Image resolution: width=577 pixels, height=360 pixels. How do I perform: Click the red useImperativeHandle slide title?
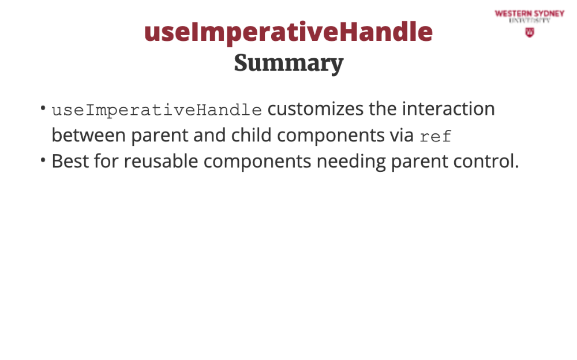tap(288, 32)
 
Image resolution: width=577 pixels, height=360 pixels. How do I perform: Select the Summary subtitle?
tap(288, 63)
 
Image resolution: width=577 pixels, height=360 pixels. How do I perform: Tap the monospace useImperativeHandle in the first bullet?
tap(157, 110)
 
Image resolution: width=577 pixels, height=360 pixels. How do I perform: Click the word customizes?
tap(316, 109)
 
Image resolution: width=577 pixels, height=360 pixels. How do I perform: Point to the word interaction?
tap(448, 109)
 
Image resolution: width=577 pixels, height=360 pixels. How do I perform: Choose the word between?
tap(89, 135)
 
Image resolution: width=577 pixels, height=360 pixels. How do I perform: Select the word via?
tap(402, 136)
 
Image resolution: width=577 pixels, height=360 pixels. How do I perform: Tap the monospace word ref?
tap(435, 137)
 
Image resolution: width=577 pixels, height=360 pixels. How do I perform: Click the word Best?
tap(70, 161)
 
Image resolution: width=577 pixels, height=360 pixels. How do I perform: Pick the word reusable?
tap(161, 161)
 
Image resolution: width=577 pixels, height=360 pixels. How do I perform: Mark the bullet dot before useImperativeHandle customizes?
tap(43, 108)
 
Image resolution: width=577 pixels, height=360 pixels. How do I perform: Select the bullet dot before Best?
tap(43, 160)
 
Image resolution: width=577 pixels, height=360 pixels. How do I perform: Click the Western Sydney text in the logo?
tap(529, 14)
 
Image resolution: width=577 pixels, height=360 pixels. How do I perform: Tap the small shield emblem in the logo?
tap(530, 32)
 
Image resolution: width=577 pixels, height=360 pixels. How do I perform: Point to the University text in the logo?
tap(529, 21)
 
